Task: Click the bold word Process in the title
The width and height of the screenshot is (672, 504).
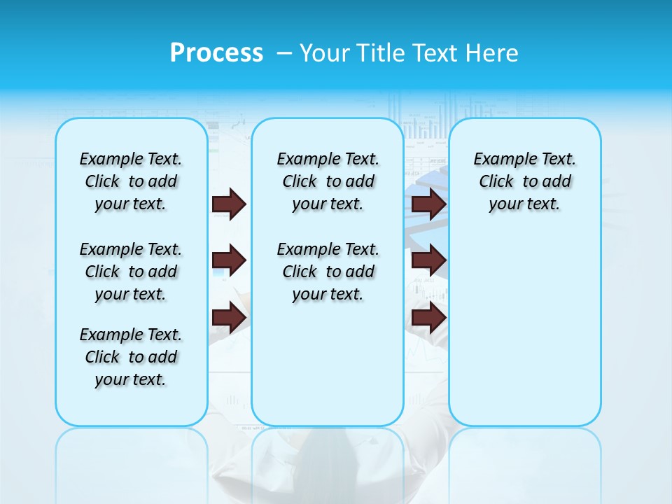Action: pyautogui.click(x=216, y=53)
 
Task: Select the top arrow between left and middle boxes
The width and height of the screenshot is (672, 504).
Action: pyautogui.click(x=229, y=204)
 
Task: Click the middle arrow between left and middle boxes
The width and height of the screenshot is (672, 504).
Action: pyautogui.click(x=229, y=260)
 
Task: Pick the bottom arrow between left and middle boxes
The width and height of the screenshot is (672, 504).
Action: pyautogui.click(x=229, y=318)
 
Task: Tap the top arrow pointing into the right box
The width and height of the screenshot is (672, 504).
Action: pyautogui.click(x=428, y=204)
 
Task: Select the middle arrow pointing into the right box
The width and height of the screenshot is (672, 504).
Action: pyautogui.click(x=428, y=260)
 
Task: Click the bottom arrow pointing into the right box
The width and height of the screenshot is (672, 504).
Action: pyautogui.click(x=428, y=318)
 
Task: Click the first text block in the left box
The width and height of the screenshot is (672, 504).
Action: pyautogui.click(x=131, y=181)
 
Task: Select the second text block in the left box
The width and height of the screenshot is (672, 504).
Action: pyautogui.click(x=131, y=272)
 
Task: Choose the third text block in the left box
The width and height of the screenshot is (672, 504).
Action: pyautogui.click(x=131, y=357)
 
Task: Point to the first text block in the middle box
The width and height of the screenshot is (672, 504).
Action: pyautogui.click(x=328, y=181)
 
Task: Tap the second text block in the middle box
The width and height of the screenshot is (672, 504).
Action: pyautogui.click(x=328, y=272)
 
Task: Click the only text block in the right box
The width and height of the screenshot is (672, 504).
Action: pyautogui.click(x=525, y=181)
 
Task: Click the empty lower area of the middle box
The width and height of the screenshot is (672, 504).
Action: pyautogui.click(x=328, y=364)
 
